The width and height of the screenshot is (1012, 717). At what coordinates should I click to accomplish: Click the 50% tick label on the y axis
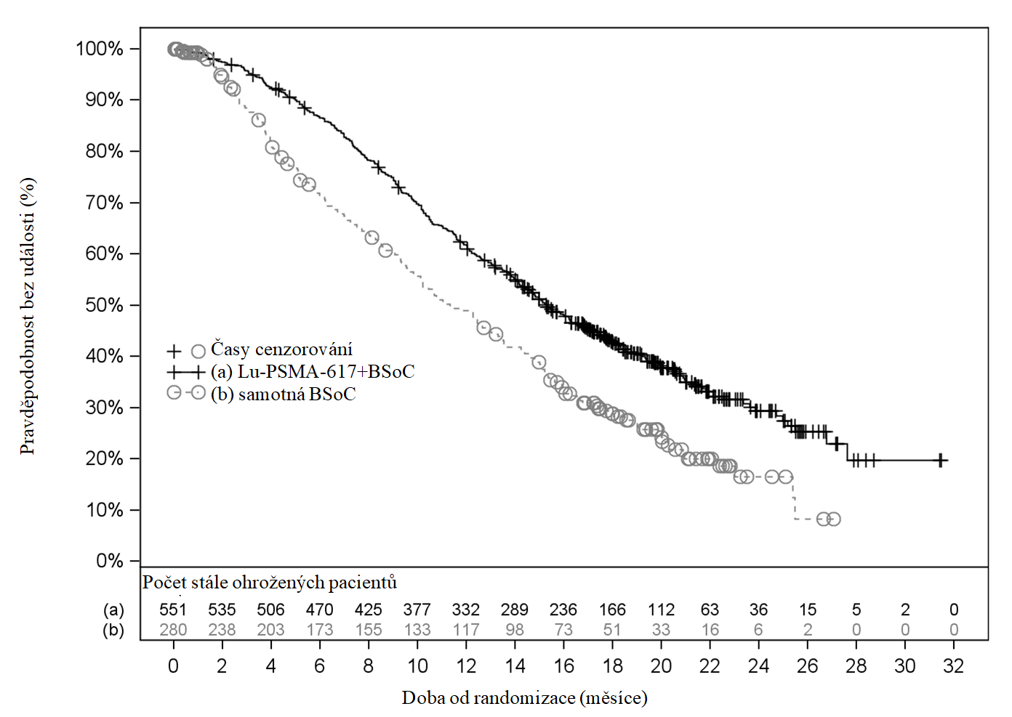click(x=105, y=305)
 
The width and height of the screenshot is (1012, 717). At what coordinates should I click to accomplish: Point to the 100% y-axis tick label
click(x=100, y=49)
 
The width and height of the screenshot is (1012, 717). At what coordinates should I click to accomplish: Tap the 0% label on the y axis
click(x=110, y=561)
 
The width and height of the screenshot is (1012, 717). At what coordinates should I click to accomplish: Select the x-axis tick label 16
click(x=563, y=666)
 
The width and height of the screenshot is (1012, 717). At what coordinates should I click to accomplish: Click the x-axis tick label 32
click(x=953, y=666)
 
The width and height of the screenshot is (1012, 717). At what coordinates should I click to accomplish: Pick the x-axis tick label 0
click(x=173, y=666)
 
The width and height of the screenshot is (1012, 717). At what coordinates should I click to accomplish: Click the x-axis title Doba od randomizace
click(x=524, y=698)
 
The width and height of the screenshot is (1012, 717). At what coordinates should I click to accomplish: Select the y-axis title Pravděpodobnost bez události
click(x=28, y=317)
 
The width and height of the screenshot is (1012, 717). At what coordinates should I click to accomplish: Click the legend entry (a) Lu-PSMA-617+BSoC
click(x=313, y=372)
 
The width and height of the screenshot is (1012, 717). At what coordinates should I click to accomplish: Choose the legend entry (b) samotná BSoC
click(x=284, y=394)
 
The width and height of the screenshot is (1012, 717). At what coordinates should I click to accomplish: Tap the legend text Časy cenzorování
click(x=281, y=349)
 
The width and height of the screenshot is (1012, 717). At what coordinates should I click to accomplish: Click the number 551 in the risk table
click(x=173, y=609)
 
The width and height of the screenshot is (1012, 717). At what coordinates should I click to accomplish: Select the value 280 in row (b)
click(x=173, y=630)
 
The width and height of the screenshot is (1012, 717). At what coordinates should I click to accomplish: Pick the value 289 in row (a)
click(x=515, y=609)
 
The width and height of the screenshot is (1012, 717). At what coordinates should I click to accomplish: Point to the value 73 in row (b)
click(x=563, y=630)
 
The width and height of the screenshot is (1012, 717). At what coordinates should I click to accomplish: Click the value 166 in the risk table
click(x=612, y=609)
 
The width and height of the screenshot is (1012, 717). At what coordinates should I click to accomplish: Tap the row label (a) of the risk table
click(x=113, y=609)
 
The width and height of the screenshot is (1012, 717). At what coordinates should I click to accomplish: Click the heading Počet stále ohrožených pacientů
click(x=270, y=583)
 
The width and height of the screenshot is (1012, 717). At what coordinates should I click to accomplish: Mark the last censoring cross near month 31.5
click(x=940, y=460)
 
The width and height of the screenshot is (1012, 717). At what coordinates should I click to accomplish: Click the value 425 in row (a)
click(x=368, y=609)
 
